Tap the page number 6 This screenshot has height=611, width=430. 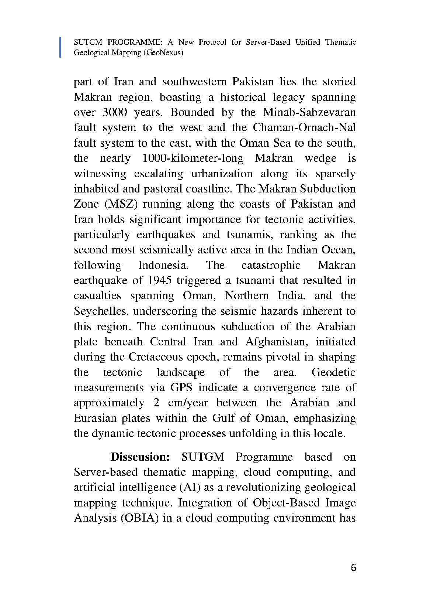coord(353,568)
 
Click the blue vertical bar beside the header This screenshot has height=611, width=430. coord(60,47)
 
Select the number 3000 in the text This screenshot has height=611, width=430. coord(115,112)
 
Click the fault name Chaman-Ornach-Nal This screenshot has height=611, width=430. coord(304,127)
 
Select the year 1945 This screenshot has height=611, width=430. coord(159,280)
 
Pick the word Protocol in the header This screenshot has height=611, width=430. coord(212,42)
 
